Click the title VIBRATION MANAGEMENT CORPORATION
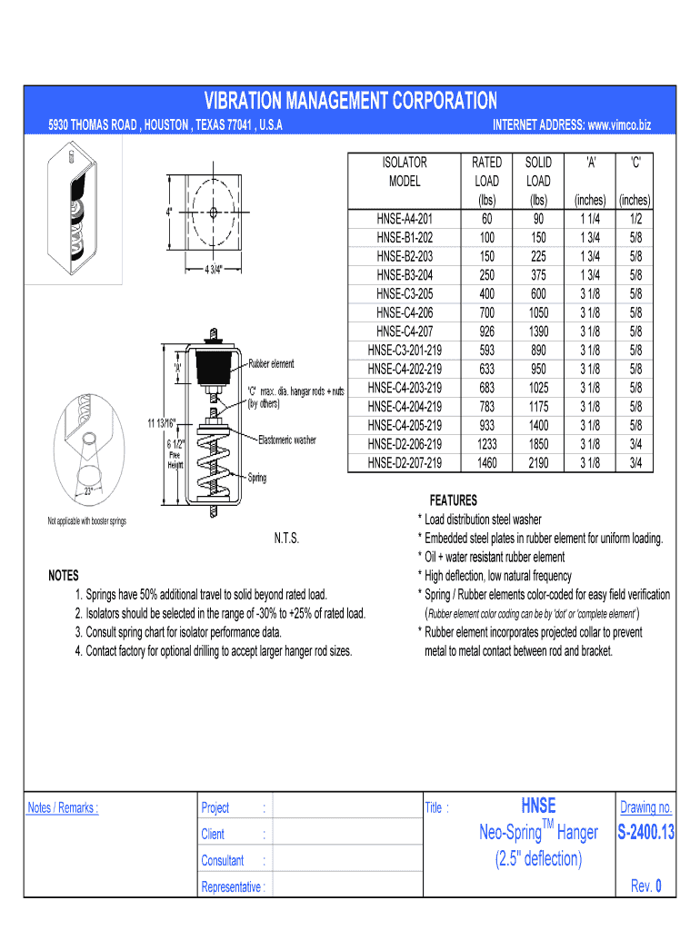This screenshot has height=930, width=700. pos(350,100)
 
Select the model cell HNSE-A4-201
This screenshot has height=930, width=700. pos(405,218)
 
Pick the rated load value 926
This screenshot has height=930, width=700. pos(486,331)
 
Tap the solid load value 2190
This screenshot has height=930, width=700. pos(539,463)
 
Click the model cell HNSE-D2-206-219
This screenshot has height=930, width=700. pos(405,444)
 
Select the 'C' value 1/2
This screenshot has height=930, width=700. pos(635,218)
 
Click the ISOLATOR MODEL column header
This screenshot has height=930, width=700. pos(405,171)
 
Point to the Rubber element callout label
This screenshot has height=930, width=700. pos(271,364)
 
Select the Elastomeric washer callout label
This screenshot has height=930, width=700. pos(287,440)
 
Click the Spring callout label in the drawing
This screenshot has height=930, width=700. pos(257,478)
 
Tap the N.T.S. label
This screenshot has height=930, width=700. pos(286,539)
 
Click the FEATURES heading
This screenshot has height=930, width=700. pos(453,500)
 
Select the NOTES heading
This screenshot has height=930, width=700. pos(64,576)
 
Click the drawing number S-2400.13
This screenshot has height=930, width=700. pos(645,832)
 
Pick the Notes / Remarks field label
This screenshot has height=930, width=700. pos(63,808)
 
